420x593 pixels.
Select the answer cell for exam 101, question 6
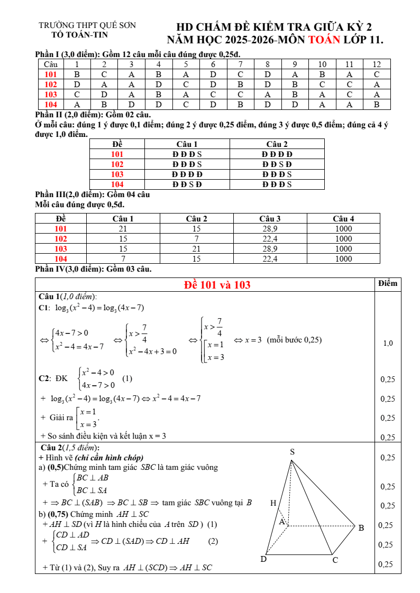(x=213, y=75)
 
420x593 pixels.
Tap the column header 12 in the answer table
(x=377, y=64)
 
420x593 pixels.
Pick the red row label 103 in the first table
(x=51, y=95)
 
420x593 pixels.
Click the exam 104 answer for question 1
(x=77, y=105)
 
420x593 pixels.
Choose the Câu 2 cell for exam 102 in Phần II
(x=277, y=164)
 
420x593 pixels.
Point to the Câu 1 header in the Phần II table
(x=187, y=144)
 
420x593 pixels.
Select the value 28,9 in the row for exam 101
(x=270, y=229)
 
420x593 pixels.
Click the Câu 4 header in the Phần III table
(x=343, y=218)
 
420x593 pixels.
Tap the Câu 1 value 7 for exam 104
(x=123, y=259)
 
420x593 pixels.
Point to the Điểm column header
(x=388, y=283)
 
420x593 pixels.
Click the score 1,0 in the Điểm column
(x=388, y=343)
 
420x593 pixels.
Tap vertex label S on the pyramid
(x=292, y=451)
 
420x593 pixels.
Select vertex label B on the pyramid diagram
(x=361, y=527)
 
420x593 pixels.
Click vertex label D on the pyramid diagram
(x=263, y=559)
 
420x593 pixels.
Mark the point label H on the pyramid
(x=273, y=503)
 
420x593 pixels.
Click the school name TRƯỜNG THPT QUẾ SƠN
(x=87, y=25)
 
